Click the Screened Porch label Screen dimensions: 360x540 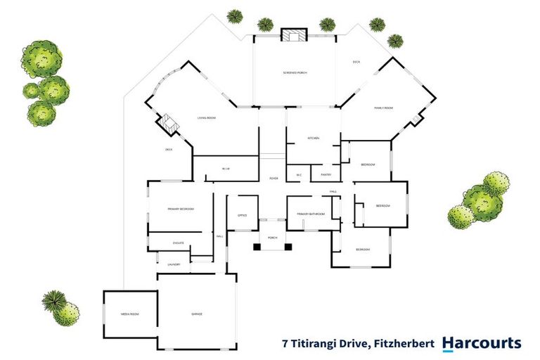tap(295, 73)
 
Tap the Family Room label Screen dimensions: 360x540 tap(382, 108)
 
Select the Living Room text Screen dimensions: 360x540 tap(206, 118)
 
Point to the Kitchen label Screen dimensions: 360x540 tap(313, 138)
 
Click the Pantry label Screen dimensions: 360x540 tap(326, 174)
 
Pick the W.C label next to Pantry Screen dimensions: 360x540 tap(299, 174)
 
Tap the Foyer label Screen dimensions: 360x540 tap(274, 179)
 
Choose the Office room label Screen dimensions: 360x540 tap(241, 216)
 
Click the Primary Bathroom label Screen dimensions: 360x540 tap(311, 214)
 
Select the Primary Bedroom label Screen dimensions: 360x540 tap(181, 210)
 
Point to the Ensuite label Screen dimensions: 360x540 tap(178, 243)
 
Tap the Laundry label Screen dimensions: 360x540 tap(173, 264)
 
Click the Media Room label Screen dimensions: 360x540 tap(129, 314)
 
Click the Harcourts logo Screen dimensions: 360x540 tap(482, 344)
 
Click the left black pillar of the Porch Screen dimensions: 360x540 tap(257, 246)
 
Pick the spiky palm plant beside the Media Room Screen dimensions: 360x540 tap(53, 300)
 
